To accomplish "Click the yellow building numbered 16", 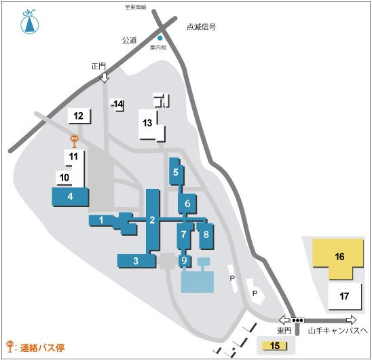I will pos(339,257).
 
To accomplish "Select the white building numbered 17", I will pos(344,296).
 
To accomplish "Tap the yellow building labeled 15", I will pos(274,346).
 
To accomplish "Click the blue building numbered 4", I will pos(70,196).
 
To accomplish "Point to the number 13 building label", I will pos(147,123).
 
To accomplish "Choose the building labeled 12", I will pos(78,115).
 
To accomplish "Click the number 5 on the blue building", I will pos(176,173).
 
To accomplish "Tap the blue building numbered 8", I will pos(206,235).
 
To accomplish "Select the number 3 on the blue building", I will pos(136,260).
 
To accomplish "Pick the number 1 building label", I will pos(100,219).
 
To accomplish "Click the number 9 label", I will pos(184,259).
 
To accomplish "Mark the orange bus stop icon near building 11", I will pos(75,141).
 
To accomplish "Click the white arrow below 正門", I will pos(104,78).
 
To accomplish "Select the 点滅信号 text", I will pos(201,28).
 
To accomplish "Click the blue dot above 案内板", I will pos(160,37).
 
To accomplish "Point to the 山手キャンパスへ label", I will pos(337,330).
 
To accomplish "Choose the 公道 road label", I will pos(129,40).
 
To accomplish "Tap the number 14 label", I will pos(118,104).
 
